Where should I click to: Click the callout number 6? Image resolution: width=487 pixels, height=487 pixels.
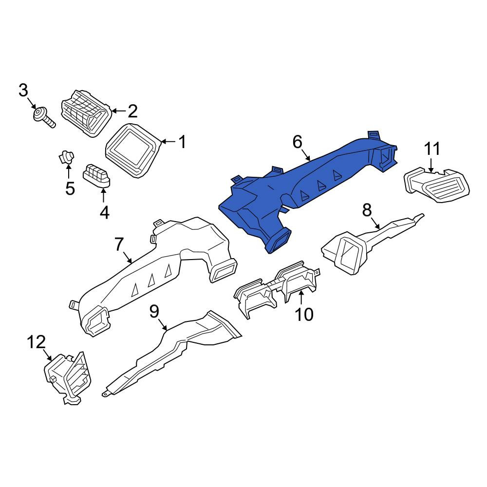click(297, 142)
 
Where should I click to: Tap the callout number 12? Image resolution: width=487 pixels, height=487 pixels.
click(37, 342)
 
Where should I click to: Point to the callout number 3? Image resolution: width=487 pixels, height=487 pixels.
click(23, 91)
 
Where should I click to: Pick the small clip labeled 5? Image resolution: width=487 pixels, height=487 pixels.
click(67, 157)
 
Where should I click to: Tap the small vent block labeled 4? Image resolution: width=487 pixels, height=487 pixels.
click(97, 176)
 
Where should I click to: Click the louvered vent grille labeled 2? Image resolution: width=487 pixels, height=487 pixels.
click(86, 113)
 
